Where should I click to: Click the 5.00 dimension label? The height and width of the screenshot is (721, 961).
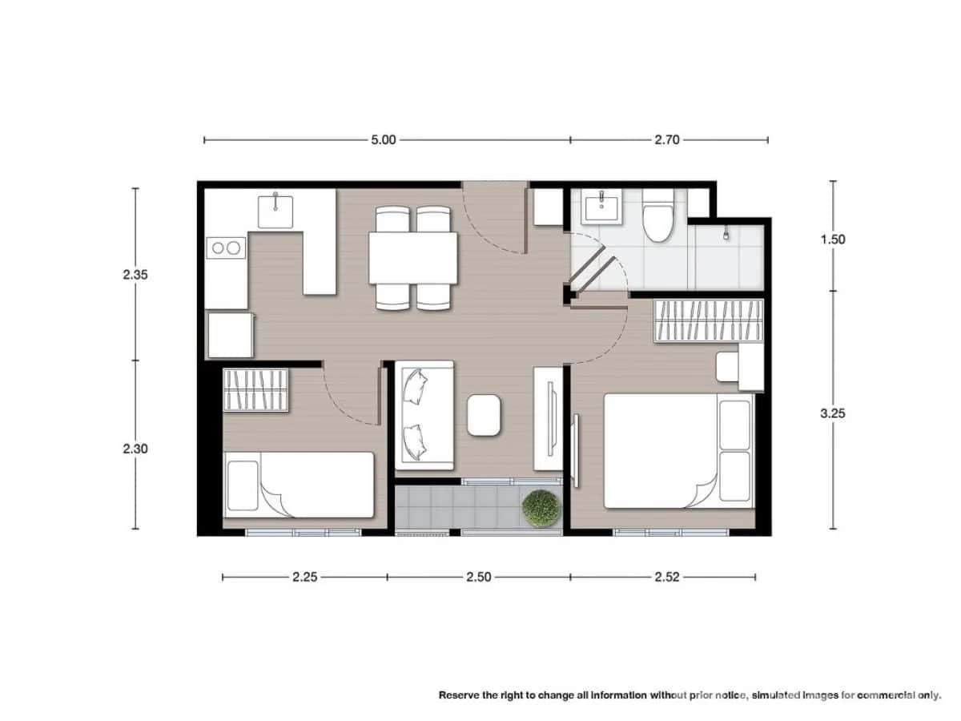point(383,139)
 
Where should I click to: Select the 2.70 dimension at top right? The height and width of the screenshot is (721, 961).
point(666,139)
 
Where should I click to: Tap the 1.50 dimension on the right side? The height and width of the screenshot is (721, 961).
point(833,239)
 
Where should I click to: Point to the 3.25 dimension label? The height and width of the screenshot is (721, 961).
point(833,413)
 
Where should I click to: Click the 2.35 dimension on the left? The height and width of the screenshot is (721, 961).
point(135,274)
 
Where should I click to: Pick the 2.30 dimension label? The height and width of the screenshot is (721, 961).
point(135,449)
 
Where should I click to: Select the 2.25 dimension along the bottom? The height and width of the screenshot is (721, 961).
point(304,576)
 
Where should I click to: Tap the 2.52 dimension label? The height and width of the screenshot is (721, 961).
point(666,576)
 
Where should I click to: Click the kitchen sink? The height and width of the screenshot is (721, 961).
point(275,210)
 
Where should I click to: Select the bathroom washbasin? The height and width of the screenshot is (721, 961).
point(601,208)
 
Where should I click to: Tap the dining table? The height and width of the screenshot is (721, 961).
point(412,258)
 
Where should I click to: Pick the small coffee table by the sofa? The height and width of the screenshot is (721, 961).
point(484,415)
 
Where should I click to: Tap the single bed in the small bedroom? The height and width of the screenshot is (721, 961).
point(299,484)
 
